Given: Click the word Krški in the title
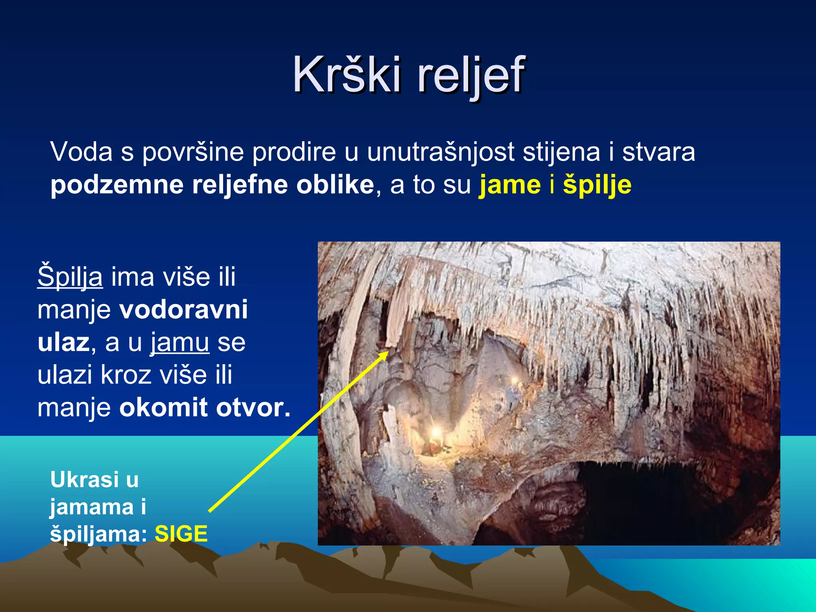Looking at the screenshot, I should (x=347, y=75).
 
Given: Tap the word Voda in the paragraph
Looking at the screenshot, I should (x=81, y=152).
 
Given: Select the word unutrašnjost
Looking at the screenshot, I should (x=440, y=152).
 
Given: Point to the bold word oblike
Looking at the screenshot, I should (x=335, y=185).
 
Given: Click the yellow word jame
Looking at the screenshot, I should (x=510, y=185).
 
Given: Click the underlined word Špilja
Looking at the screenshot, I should (x=70, y=277).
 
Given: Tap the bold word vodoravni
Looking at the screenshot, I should (x=184, y=309).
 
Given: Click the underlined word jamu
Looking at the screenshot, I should (x=180, y=343).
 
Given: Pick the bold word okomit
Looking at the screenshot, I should (x=163, y=408).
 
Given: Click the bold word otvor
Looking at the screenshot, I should (x=253, y=408).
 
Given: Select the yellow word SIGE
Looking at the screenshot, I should (x=181, y=534).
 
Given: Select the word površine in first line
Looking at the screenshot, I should (x=193, y=153).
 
